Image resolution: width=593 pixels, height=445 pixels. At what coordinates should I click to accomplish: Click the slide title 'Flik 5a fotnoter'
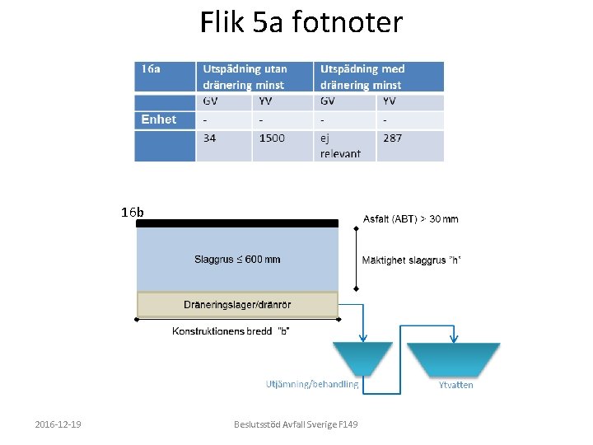[301, 22]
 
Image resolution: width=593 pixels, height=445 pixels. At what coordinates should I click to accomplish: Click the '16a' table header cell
[152, 69]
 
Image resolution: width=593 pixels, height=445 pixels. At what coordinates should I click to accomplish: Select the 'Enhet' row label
[159, 119]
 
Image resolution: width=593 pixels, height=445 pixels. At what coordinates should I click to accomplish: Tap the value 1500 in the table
[272, 138]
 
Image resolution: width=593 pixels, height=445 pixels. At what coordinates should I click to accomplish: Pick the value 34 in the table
[210, 138]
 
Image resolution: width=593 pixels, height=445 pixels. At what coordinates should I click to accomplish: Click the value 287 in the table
[392, 138]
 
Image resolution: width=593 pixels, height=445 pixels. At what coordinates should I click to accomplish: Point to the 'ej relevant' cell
[340, 145]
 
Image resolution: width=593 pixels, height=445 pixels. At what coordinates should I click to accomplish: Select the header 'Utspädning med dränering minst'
[362, 77]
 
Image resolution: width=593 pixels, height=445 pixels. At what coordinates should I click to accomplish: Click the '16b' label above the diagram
[132, 213]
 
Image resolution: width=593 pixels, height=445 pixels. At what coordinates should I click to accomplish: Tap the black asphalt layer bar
[237, 222]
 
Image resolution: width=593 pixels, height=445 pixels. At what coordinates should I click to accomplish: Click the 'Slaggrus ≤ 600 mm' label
[237, 259]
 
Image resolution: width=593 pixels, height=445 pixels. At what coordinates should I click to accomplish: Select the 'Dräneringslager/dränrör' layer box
[237, 305]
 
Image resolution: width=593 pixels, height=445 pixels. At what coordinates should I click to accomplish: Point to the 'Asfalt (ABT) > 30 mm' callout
[411, 219]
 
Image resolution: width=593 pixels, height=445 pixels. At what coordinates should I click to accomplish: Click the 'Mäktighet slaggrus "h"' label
[411, 260]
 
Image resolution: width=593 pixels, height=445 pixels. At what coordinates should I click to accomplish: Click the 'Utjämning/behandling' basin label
[312, 384]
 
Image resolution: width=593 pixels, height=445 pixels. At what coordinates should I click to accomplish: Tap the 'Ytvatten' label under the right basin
[455, 385]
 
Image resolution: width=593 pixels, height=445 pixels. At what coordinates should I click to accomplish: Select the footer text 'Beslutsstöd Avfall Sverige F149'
[296, 424]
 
